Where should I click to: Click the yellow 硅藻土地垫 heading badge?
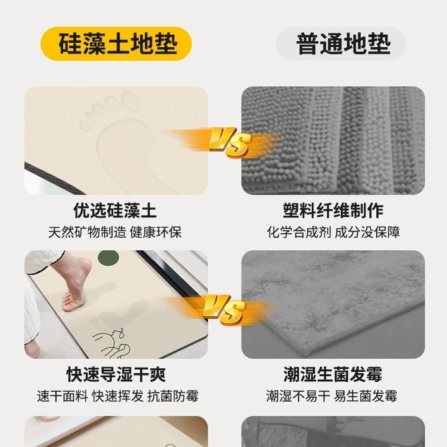click(x=115, y=43)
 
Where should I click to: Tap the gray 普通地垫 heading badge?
click(x=340, y=43)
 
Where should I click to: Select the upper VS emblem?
click(x=230, y=142)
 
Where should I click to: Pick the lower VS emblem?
click(x=223, y=310)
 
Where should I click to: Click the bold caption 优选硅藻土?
click(x=115, y=210)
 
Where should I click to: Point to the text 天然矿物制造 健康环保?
click(x=115, y=232)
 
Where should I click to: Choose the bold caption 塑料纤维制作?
click(x=333, y=210)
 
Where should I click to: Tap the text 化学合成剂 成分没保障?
click(x=333, y=232)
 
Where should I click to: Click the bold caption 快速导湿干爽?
click(x=116, y=374)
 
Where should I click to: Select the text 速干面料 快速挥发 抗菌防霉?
click(x=117, y=396)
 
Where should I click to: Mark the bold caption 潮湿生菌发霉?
click(x=333, y=374)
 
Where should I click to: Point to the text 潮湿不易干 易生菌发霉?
click(x=332, y=396)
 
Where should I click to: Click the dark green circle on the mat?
click(x=108, y=258)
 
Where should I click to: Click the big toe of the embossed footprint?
click(x=130, y=101)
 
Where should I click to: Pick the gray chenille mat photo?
click(x=333, y=140)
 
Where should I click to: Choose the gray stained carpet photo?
click(x=333, y=304)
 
